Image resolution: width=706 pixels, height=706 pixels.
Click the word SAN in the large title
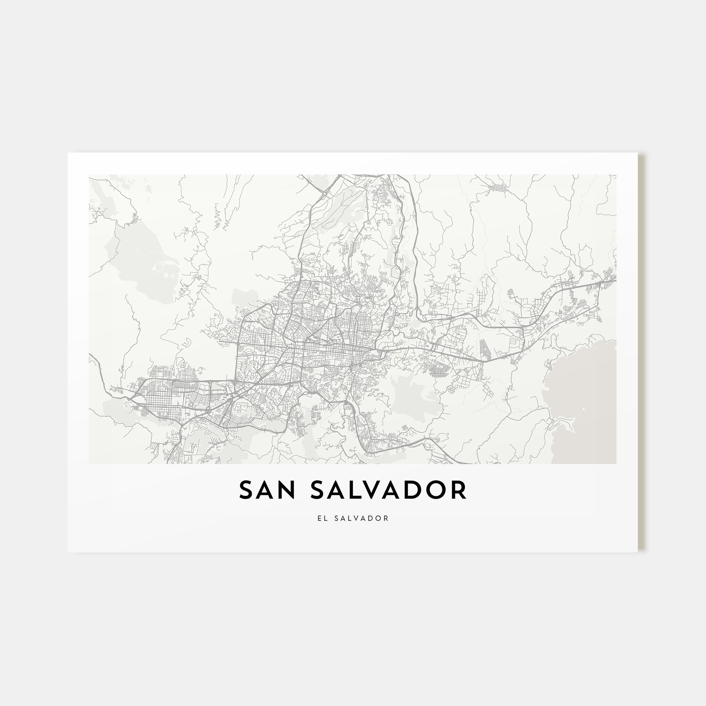click(x=267, y=490)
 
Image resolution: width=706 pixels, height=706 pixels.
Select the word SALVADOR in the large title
click(x=388, y=490)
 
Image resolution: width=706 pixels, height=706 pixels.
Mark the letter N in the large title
click(x=288, y=490)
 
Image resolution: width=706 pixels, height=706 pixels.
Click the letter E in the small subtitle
click(x=320, y=518)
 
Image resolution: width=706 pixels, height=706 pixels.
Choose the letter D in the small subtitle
click(x=372, y=518)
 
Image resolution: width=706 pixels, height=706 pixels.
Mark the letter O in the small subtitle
click(x=379, y=518)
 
